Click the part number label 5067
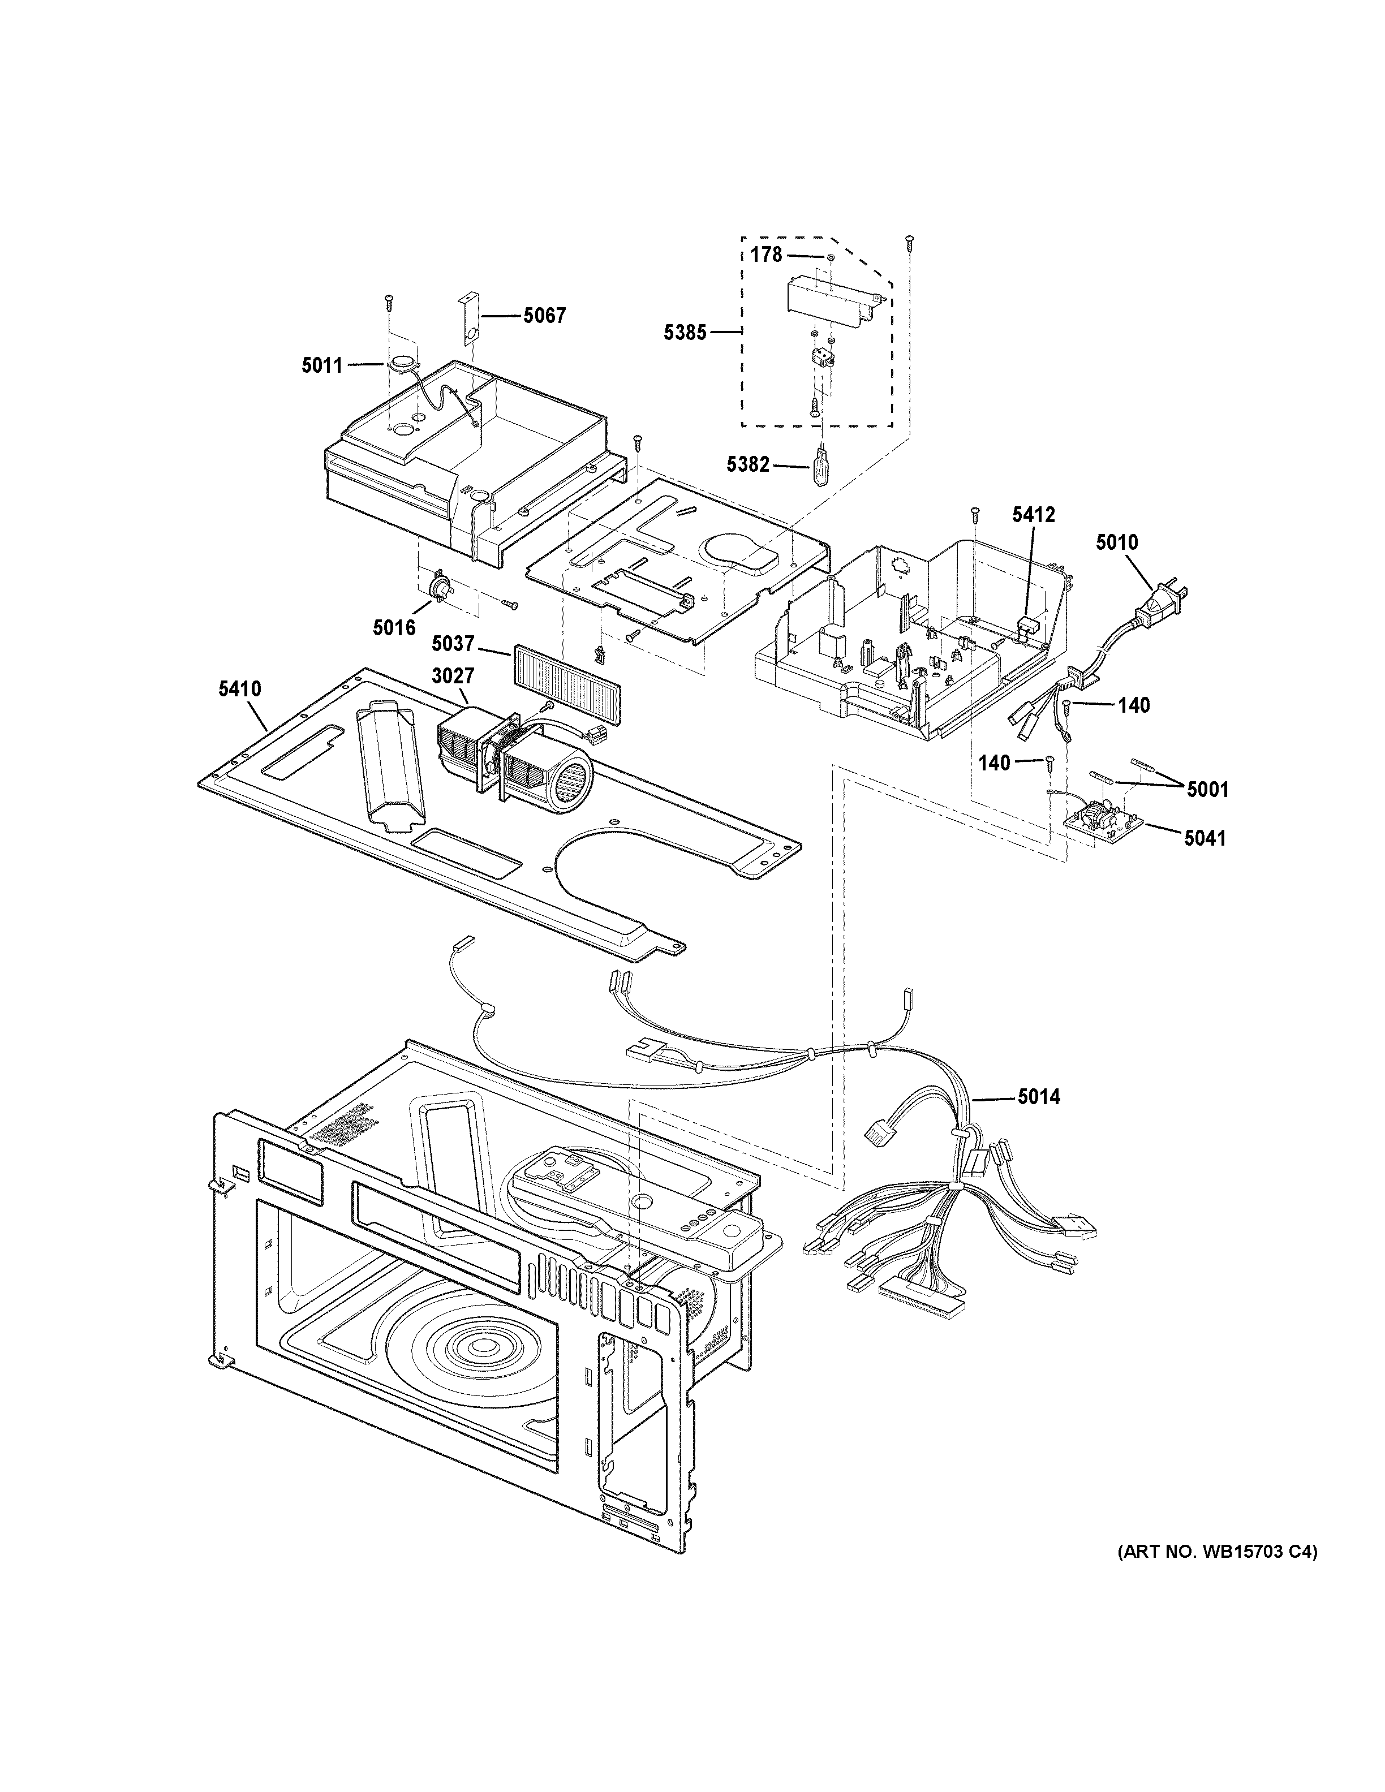point(545,315)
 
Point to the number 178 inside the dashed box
point(767,255)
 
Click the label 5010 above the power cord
point(1117,542)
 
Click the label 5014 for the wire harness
point(1039,1096)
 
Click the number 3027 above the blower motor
point(453,675)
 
